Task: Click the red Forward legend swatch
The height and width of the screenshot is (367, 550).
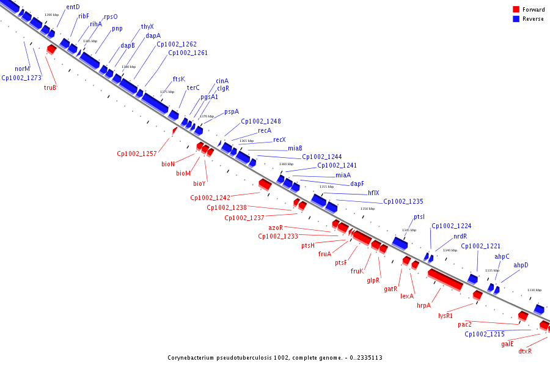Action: pyautogui.click(x=516, y=9)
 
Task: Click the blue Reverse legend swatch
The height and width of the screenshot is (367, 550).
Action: pyautogui.click(x=516, y=19)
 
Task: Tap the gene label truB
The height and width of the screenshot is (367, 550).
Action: pyautogui.click(x=50, y=87)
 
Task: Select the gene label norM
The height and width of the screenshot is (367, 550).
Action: pyautogui.click(x=23, y=69)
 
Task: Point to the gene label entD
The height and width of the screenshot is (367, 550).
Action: pyautogui.click(x=73, y=7)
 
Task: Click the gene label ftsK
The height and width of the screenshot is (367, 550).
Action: pyautogui.click(x=178, y=79)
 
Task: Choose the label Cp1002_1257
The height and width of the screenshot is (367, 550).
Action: pyautogui.click(x=137, y=154)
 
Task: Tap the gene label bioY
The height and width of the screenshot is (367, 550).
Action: pyautogui.click(x=199, y=183)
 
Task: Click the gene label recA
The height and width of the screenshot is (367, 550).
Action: pyautogui.click(x=265, y=130)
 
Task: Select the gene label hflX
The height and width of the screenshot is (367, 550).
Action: pyautogui.click(x=373, y=193)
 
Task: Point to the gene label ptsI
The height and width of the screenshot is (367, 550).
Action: pyautogui.click(x=419, y=217)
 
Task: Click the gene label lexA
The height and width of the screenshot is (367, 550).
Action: pyautogui.click(x=407, y=296)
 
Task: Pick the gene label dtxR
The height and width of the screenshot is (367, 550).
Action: pyautogui.click(x=525, y=351)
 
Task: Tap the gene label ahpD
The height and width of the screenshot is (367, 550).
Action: pyautogui.click(x=521, y=265)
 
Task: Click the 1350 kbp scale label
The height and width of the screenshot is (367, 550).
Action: pyautogui.click(x=367, y=209)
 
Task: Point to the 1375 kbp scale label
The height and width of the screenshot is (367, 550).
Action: pyautogui.click(x=167, y=92)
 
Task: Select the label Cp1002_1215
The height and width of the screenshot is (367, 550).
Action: pyautogui.click(x=485, y=334)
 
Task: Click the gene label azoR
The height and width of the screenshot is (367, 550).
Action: pyautogui.click(x=276, y=228)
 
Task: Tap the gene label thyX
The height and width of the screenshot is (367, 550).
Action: pyautogui.click(x=147, y=26)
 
